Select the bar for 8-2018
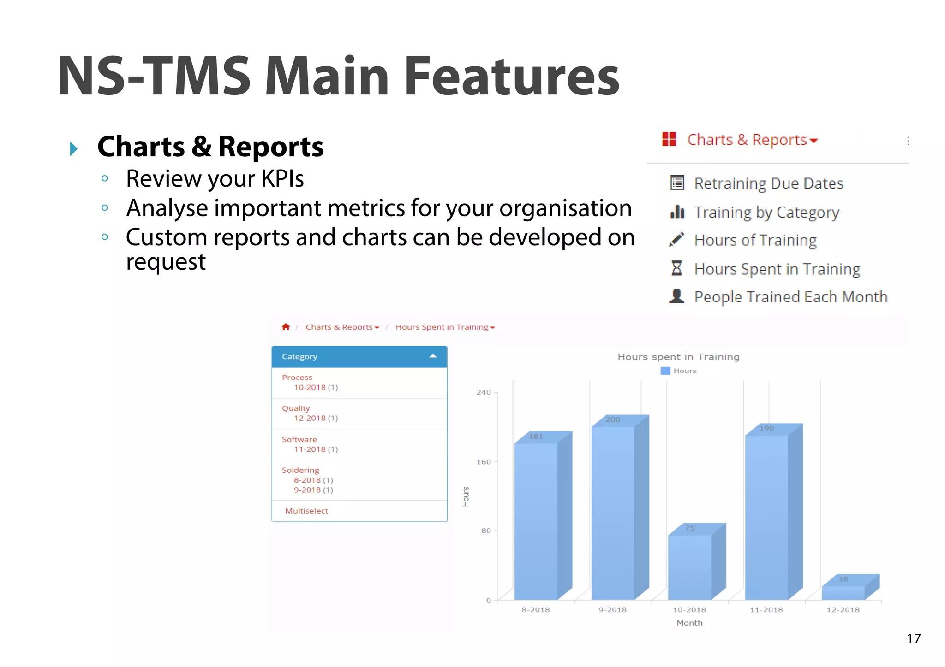pyautogui.click(x=536, y=521)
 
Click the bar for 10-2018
pyautogui.click(x=690, y=567)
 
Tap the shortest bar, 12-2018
pyautogui.click(x=843, y=592)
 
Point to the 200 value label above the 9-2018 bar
pyautogui.click(x=613, y=419)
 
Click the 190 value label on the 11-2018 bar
pyautogui.click(x=766, y=428)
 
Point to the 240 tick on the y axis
pyautogui.click(x=484, y=392)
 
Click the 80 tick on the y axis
pyautogui.click(x=486, y=531)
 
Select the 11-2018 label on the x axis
pyautogui.click(x=766, y=610)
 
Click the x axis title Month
pyautogui.click(x=689, y=623)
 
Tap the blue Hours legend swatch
pyautogui.click(x=665, y=371)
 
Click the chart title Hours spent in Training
pyautogui.click(x=678, y=357)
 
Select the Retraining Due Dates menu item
pyautogui.click(x=768, y=183)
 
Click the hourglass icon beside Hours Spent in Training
pyautogui.click(x=676, y=268)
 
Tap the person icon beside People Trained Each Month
pyautogui.click(x=676, y=296)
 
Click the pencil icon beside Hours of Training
pyautogui.click(x=676, y=240)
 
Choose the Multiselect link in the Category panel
pyautogui.click(x=306, y=511)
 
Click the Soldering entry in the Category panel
pyautogui.click(x=300, y=470)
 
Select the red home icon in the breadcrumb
pyautogui.click(x=286, y=327)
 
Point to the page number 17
pyautogui.click(x=914, y=639)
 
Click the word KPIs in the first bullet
pyautogui.click(x=282, y=179)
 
